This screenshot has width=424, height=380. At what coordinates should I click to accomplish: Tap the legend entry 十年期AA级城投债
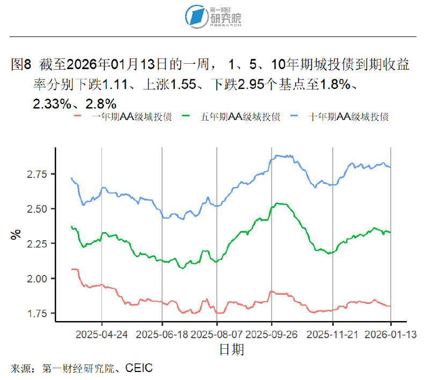[348, 117]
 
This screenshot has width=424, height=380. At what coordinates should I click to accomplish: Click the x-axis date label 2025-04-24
[102, 334]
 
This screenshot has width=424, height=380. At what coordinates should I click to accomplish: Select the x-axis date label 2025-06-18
[162, 334]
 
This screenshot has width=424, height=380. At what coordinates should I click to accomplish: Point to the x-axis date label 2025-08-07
[217, 334]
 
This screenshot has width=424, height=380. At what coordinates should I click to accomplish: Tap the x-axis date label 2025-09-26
[272, 334]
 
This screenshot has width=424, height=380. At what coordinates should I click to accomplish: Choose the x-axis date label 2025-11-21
[333, 334]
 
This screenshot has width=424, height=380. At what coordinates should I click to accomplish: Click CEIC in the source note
[139, 368]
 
